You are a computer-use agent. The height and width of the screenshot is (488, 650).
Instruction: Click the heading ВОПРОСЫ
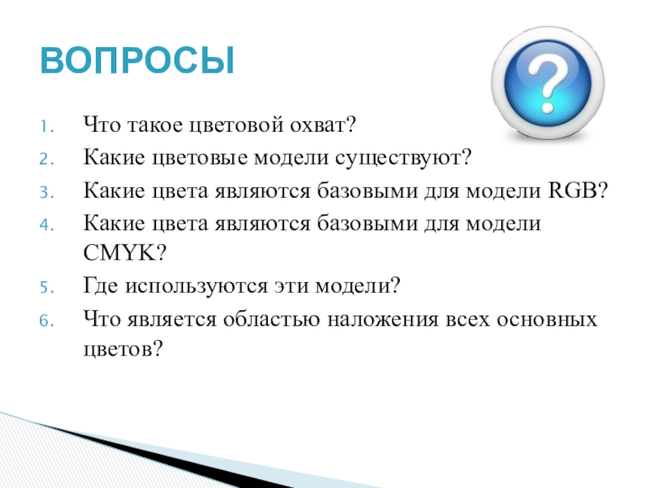tap(137, 60)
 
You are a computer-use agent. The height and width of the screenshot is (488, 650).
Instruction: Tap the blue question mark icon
tap(548, 83)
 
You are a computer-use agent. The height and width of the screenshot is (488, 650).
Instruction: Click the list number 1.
tap(47, 127)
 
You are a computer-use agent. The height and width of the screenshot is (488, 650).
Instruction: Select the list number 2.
tap(47, 159)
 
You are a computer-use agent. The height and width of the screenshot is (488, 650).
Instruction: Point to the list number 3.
tap(47, 193)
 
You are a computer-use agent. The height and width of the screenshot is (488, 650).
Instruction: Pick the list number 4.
tap(47, 225)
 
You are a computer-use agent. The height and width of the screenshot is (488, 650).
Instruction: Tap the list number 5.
tap(47, 287)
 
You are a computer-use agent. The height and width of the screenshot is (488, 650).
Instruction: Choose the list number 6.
tap(47, 320)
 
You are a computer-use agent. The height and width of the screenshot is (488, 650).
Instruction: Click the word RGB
tap(574, 190)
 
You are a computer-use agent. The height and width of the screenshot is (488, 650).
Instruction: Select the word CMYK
tap(119, 252)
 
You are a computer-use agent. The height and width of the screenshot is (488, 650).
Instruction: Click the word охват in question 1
tap(317, 125)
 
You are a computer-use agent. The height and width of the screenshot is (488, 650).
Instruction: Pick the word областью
tap(271, 320)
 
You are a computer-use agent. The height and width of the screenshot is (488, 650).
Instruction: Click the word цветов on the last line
tap(118, 350)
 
